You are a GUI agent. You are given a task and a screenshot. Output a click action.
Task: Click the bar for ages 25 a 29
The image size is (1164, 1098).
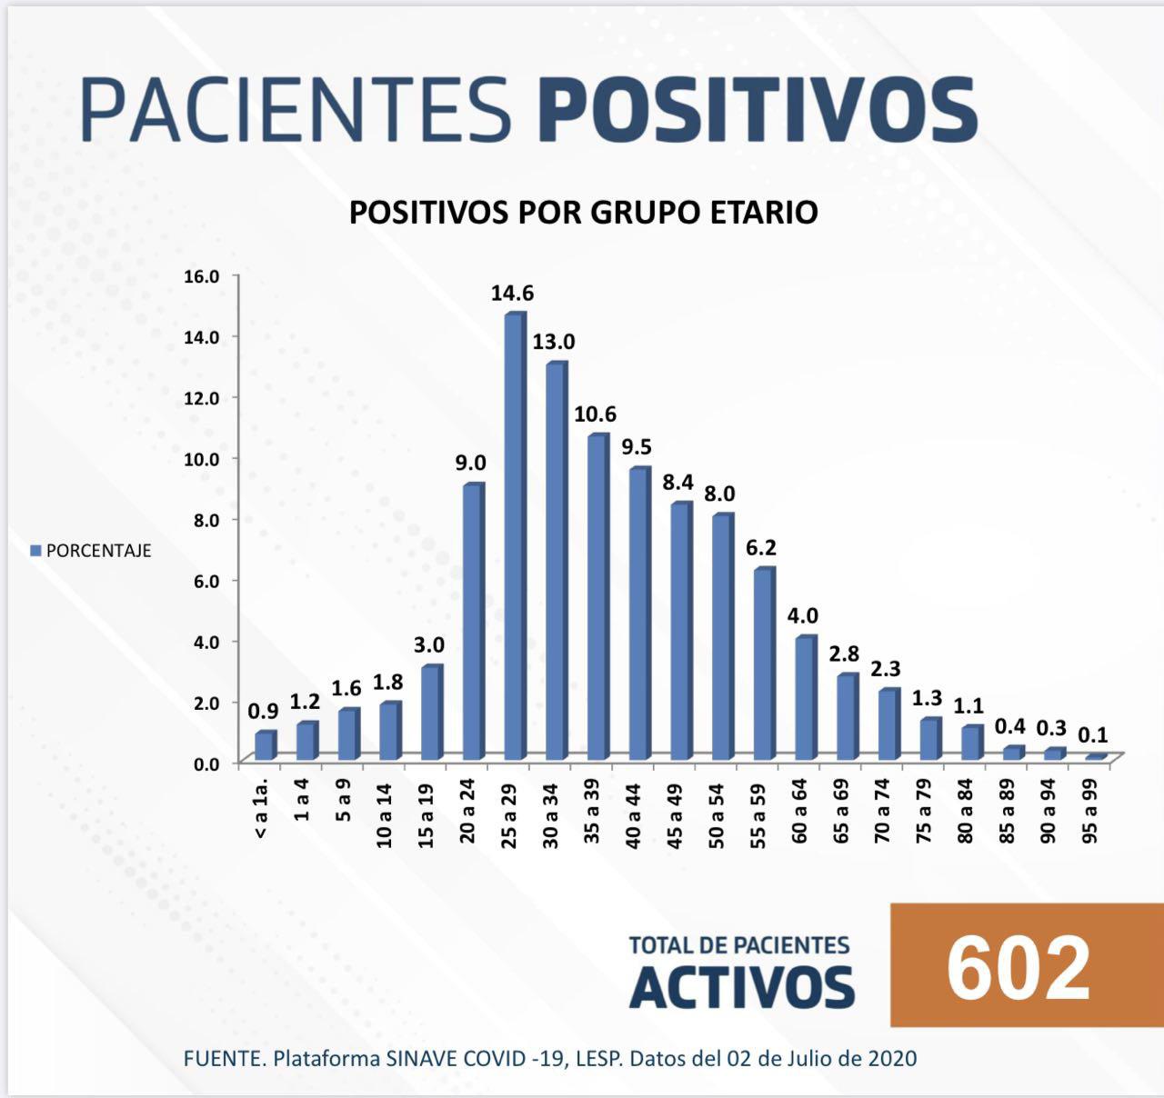point(515,536)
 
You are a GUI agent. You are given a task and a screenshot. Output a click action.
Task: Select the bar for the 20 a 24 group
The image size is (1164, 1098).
point(473,622)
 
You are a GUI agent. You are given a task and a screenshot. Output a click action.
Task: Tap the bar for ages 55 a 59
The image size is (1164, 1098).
point(764,664)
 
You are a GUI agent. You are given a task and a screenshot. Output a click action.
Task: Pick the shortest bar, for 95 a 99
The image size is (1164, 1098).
point(1095,756)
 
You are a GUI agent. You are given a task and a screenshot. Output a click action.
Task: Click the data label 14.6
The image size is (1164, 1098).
point(512,294)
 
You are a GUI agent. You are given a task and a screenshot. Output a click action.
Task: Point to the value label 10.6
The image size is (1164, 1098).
point(595,414)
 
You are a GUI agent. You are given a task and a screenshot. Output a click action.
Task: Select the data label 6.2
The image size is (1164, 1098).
point(761,548)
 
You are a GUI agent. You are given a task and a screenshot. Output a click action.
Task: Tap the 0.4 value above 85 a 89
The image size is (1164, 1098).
point(1009,726)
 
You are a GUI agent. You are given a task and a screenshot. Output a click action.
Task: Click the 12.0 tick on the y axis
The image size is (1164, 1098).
point(202,398)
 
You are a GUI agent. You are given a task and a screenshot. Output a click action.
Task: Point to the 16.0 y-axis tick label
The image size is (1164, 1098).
point(202,276)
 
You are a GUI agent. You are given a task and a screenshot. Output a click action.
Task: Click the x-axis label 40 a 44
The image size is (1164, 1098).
point(635,814)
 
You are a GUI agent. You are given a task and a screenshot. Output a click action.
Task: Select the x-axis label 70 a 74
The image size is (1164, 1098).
point(883,814)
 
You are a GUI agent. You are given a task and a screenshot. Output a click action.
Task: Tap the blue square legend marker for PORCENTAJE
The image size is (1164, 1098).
point(36,551)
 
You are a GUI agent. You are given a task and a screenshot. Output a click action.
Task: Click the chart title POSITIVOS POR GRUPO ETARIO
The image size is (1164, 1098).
point(583,212)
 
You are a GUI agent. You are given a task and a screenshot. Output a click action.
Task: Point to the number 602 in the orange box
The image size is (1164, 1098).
point(1018,967)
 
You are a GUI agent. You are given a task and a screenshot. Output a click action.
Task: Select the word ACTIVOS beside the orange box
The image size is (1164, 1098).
point(741,987)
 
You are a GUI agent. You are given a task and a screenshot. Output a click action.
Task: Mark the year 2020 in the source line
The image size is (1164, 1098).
point(892,1059)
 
